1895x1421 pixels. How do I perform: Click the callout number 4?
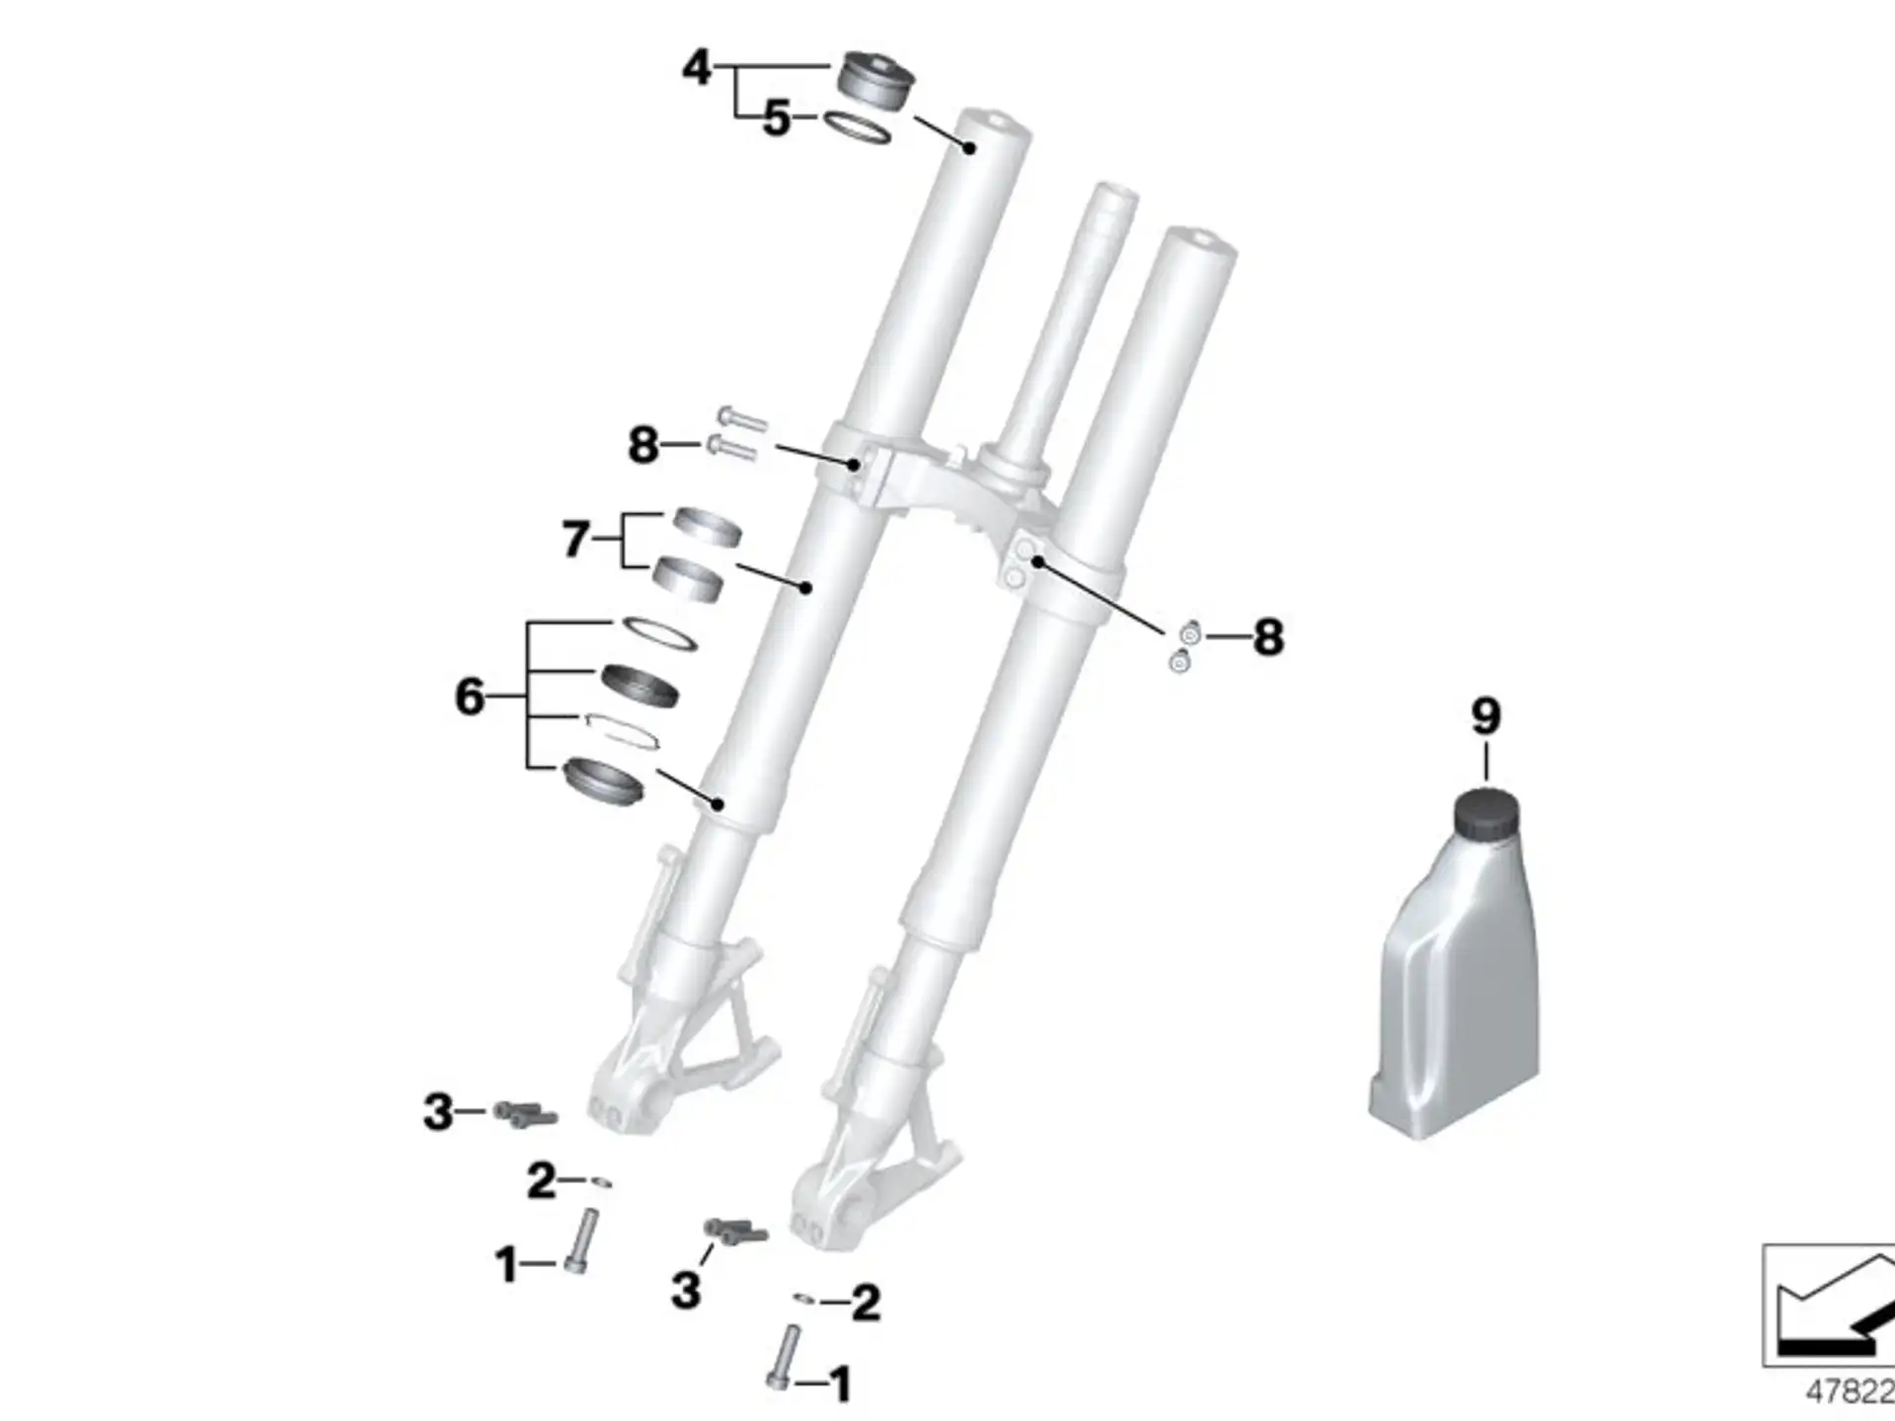click(697, 68)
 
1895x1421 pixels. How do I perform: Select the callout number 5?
click(777, 119)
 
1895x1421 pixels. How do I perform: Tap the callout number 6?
click(470, 697)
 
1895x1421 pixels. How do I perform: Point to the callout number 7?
click(576, 540)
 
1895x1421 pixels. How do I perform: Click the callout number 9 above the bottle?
click(1486, 716)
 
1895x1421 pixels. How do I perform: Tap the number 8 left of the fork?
click(644, 445)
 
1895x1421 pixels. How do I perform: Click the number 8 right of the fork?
click(1268, 637)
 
